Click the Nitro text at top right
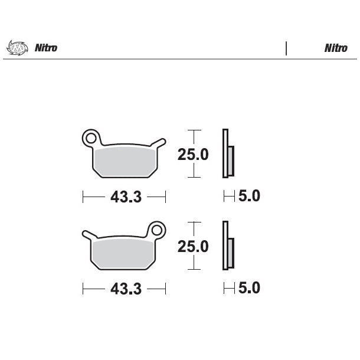pos(335,48)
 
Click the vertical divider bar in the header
pos(286,48)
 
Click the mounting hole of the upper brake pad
pos(90,138)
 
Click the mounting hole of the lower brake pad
pos(157,230)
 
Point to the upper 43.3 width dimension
pos(125,197)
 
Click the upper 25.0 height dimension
pos(193,155)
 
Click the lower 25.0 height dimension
pos(193,246)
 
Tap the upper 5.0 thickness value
pos(249,196)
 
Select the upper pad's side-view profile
pos(227,153)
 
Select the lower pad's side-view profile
pos(227,246)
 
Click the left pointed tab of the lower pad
pos(87,234)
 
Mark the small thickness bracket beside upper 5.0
pos(229,196)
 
